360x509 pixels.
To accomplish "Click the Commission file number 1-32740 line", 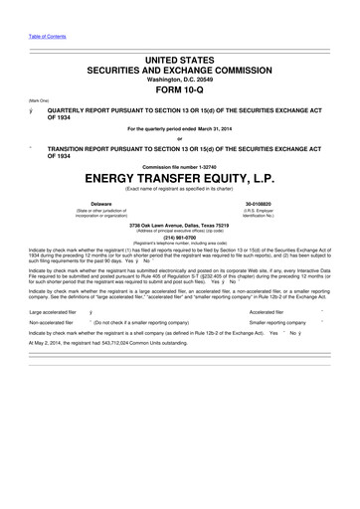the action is pyautogui.click(x=179, y=164).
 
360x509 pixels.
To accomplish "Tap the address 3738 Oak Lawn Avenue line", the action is pyautogui.click(x=179, y=224).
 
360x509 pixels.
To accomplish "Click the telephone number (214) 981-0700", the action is pyautogui.click(x=179, y=237).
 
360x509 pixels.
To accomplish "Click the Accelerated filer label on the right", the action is pyautogui.click(x=268, y=310).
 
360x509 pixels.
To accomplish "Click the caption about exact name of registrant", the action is pyautogui.click(x=179, y=188).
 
